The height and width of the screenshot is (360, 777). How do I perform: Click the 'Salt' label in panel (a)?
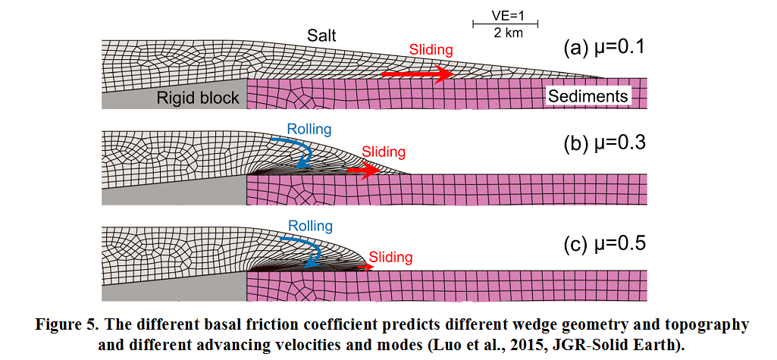tap(321, 35)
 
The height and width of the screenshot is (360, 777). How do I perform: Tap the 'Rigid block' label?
tap(198, 97)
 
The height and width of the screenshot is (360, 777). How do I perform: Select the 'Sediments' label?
tap(588, 96)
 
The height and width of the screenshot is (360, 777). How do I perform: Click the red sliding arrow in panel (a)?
tap(417, 74)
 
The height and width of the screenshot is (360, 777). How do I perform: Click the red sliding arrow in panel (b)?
tap(362, 171)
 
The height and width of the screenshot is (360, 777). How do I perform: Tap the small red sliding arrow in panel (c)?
tap(365, 267)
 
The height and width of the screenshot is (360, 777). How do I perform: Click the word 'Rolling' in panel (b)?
tap(309, 130)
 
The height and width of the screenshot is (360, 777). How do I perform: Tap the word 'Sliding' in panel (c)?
tap(391, 257)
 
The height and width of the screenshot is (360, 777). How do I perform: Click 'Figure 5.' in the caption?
tap(67, 325)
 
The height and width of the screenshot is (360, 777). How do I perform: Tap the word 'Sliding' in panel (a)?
tap(431, 50)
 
